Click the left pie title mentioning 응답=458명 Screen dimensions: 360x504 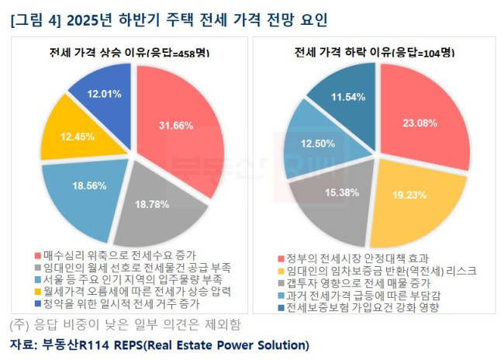pos(125,54)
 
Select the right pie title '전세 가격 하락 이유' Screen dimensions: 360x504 pos(373,54)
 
